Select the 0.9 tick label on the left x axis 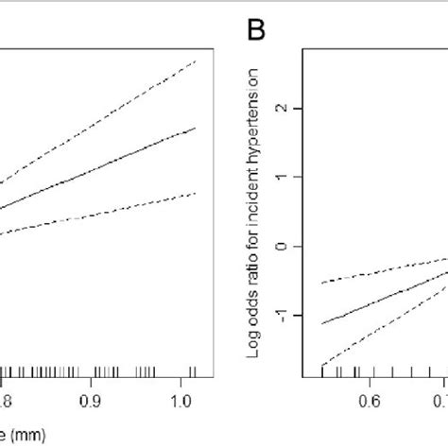[92, 400]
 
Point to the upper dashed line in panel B [378, 272]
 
